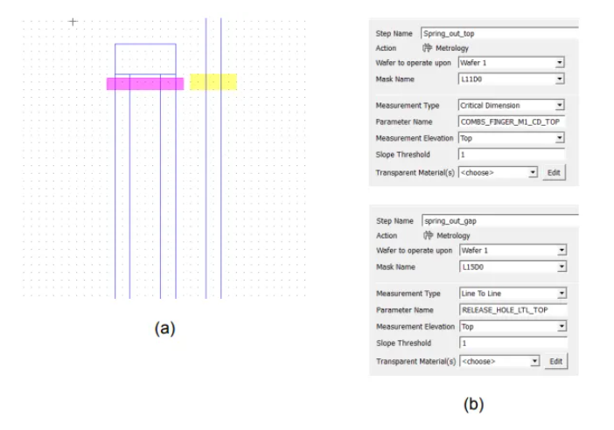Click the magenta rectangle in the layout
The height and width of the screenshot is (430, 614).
(x=145, y=84)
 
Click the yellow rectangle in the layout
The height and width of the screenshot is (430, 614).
(x=213, y=82)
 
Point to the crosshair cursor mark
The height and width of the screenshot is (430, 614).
(x=73, y=21)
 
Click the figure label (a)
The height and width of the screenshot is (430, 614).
(x=164, y=329)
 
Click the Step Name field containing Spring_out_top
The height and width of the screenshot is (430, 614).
(x=490, y=32)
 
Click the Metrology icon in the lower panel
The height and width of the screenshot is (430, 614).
(x=429, y=235)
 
